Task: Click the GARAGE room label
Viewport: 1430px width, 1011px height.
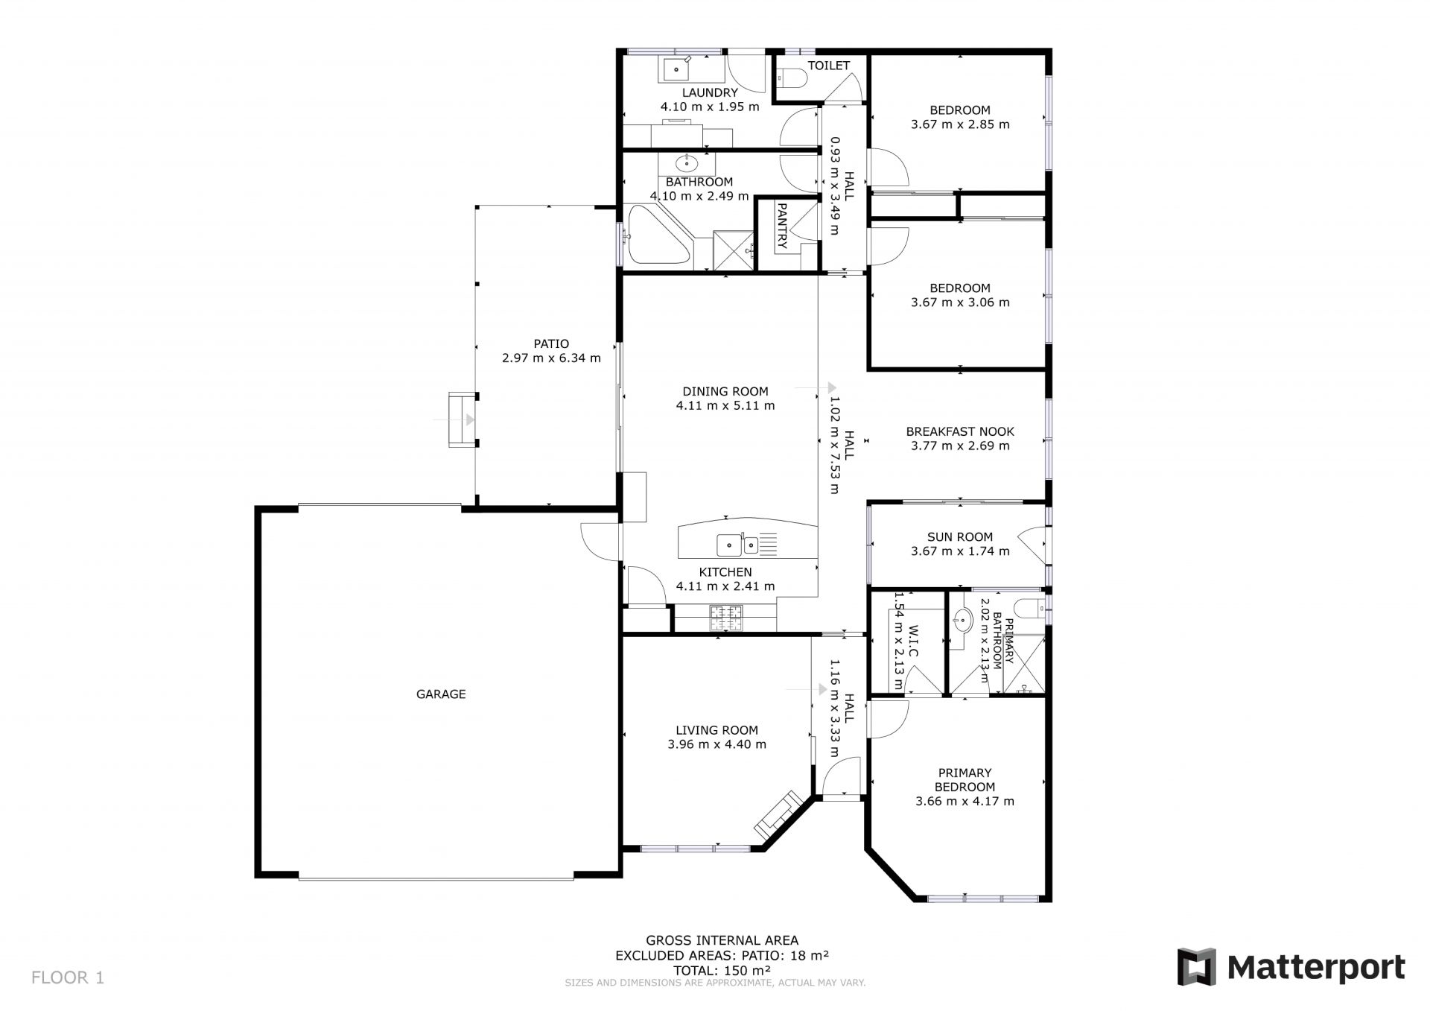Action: [441, 694]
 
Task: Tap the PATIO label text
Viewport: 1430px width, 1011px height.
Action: [551, 344]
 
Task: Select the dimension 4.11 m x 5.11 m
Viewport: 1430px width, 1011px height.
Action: [725, 406]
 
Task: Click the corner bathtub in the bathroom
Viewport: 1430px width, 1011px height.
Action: [659, 235]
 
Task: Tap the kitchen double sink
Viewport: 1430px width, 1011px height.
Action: [737, 545]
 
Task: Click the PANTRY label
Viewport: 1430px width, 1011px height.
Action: [782, 225]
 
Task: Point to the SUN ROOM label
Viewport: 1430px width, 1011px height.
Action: [960, 537]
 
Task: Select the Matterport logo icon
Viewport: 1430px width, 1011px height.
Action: [1196, 967]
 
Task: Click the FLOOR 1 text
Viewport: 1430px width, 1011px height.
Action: [68, 977]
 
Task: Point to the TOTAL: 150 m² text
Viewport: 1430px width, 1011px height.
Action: [722, 971]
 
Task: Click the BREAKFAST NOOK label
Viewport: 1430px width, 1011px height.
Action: [960, 431]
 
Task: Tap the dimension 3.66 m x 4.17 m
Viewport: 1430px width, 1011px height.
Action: [965, 802]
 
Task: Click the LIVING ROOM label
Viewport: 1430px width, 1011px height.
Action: [716, 731]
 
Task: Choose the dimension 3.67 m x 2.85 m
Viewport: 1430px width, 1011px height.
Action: [960, 124]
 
